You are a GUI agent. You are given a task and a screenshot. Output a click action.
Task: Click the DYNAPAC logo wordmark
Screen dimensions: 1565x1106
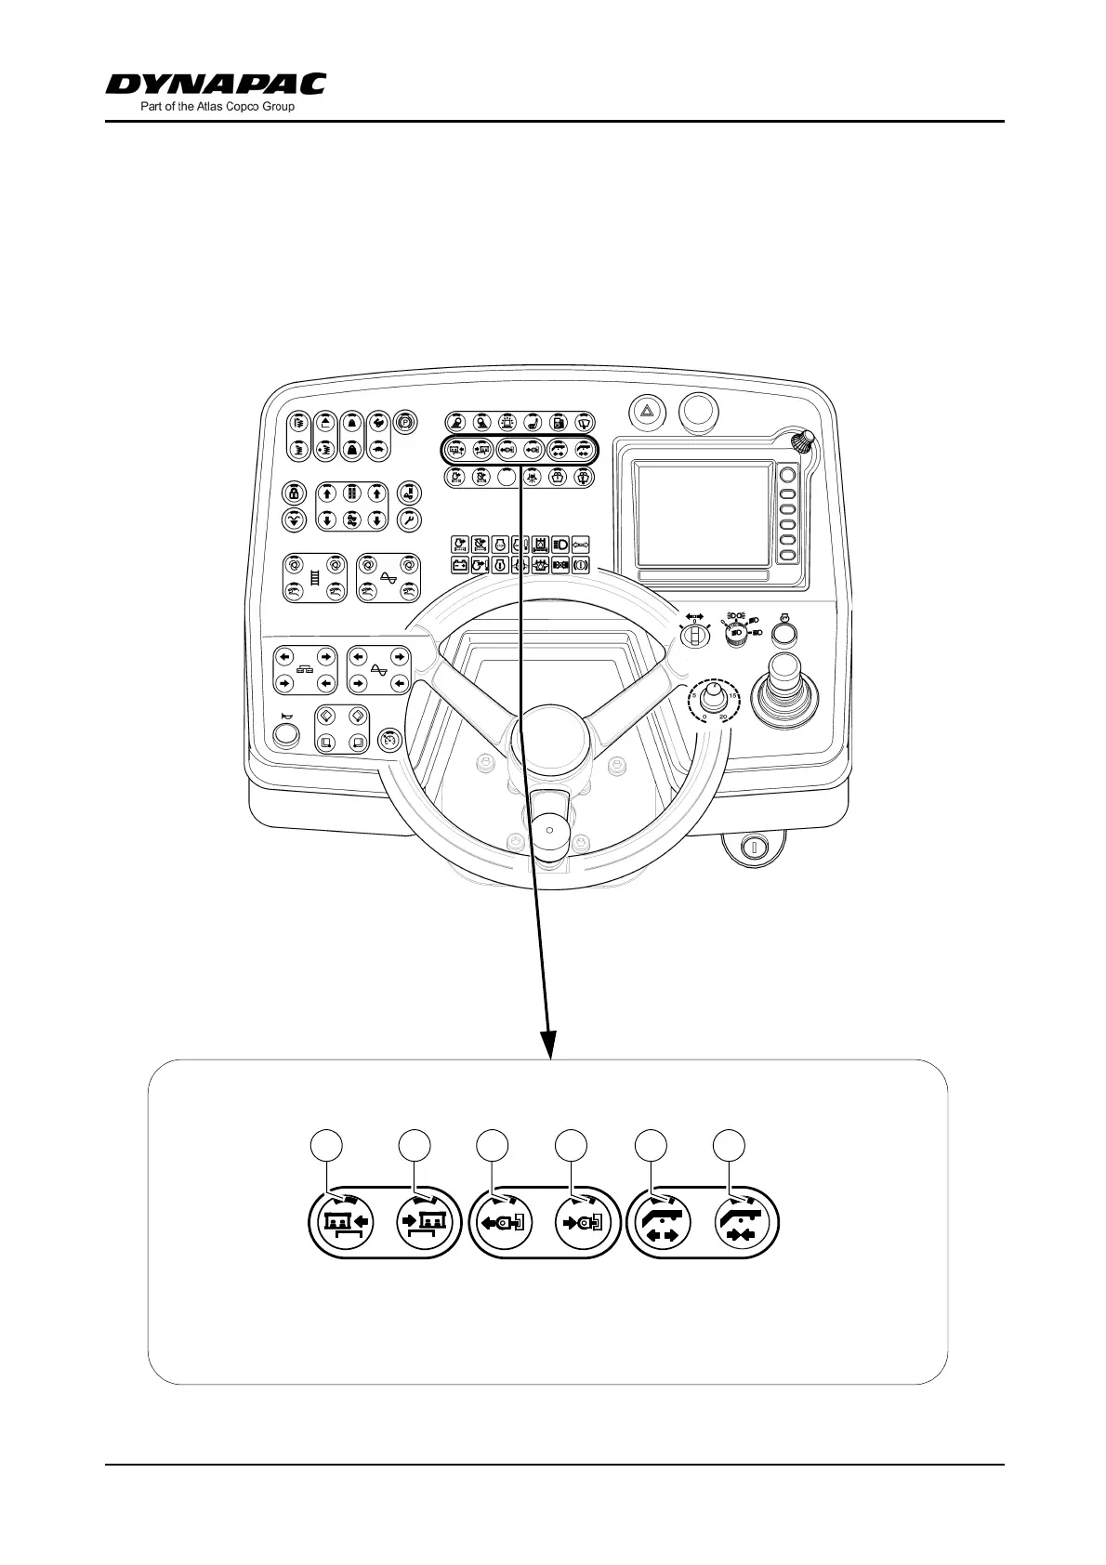[x=216, y=85]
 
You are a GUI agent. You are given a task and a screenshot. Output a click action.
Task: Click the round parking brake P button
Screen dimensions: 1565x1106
[x=405, y=420]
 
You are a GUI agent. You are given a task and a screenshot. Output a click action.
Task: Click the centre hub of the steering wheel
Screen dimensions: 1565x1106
[x=549, y=743]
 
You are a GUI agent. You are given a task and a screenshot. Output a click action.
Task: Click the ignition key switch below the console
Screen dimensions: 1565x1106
[x=754, y=847]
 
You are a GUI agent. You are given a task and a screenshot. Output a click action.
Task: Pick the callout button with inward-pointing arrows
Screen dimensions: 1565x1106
[x=744, y=1224]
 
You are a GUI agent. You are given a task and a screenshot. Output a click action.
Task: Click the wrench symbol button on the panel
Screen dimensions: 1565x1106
[x=409, y=519]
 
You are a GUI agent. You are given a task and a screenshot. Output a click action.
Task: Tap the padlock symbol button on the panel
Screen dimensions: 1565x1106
[x=295, y=492]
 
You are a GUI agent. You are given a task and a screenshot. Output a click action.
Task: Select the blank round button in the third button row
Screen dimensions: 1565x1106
[x=507, y=478]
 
